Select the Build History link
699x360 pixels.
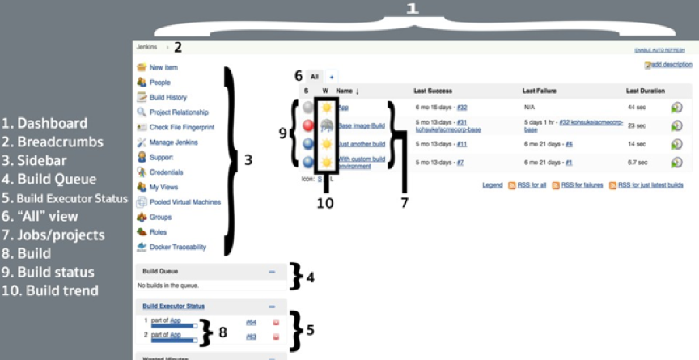tap(167, 97)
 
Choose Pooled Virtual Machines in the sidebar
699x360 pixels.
tap(184, 201)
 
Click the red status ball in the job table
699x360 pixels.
tap(307, 125)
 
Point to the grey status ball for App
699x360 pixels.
tap(307, 107)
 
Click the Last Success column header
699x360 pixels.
tap(432, 91)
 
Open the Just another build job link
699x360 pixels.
tap(362, 143)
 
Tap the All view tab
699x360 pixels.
tap(315, 76)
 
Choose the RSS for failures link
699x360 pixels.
tap(582, 185)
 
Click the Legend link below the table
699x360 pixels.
tap(492, 185)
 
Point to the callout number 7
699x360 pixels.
tap(404, 202)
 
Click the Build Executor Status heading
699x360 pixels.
tap(173, 307)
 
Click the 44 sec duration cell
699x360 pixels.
tap(636, 107)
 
